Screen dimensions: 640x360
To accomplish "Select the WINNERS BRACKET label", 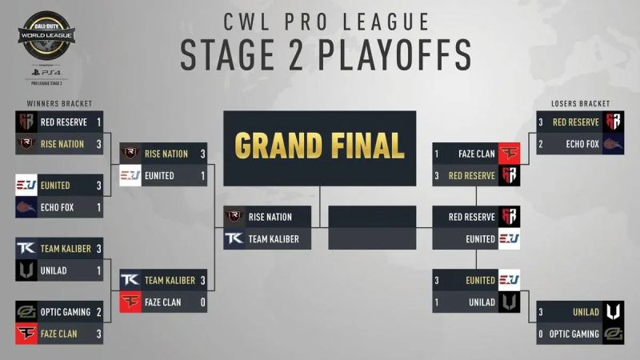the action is (x=60, y=103).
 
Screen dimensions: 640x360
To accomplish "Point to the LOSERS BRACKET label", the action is (x=580, y=103).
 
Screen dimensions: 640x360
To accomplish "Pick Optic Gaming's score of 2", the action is (x=98, y=312).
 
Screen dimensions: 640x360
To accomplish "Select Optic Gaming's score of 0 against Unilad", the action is (x=542, y=334).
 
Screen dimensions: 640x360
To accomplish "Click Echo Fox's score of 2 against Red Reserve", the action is (x=542, y=144).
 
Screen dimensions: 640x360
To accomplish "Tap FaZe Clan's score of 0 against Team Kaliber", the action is (x=203, y=302).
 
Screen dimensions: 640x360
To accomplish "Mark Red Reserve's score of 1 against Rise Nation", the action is (x=98, y=122).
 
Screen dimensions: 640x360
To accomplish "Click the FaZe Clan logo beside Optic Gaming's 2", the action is (x=26, y=333).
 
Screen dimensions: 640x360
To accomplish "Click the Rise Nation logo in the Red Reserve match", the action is (x=26, y=144).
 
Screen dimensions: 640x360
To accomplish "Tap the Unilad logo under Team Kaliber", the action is (x=26, y=270).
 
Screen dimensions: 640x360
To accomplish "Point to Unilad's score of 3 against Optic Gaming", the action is (x=542, y=312).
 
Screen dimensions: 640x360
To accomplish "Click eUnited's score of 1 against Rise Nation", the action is (x=203, y=175).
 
